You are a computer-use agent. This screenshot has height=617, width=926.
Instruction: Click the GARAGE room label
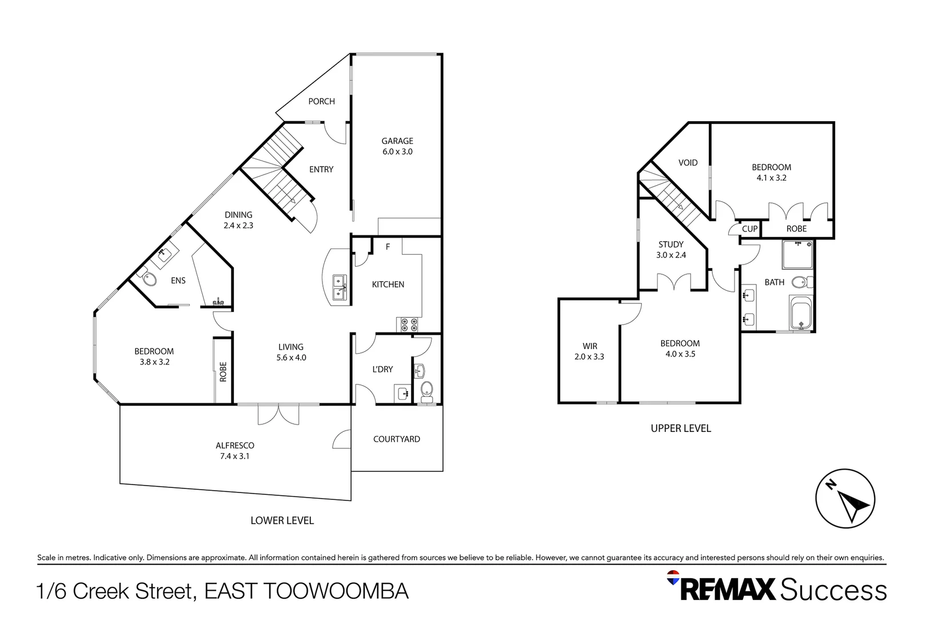[x=397, y=141]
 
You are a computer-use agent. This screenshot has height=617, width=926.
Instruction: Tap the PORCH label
[x=321, y=101]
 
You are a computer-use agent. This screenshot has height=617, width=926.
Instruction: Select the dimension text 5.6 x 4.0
[x=292, y=358]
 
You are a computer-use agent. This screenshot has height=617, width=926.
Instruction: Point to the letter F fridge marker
[x=388, y=247]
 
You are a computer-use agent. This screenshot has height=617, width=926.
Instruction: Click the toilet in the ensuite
[x=149, y=279]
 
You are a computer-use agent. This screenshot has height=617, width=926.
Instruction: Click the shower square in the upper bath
[x=797, y=255]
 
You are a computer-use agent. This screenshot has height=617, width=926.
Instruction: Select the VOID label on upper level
[x=688, y=163]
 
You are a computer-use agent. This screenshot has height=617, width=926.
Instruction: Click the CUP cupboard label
[x=749, y=229]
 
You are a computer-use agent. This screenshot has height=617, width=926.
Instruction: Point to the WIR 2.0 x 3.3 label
[x=589, y=351]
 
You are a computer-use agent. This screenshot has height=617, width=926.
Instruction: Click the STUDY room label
[x=670, y=245]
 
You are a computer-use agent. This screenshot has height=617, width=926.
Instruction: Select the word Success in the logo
[x=833, y=590]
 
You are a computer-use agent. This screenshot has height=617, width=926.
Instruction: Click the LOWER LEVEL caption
[x=282, y=520]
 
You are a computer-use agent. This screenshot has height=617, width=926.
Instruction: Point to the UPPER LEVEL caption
[x=680, y=428]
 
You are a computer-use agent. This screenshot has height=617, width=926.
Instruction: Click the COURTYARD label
[x=396, y=439]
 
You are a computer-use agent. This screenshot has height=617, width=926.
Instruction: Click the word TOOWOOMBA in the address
[x=336, y=591]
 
